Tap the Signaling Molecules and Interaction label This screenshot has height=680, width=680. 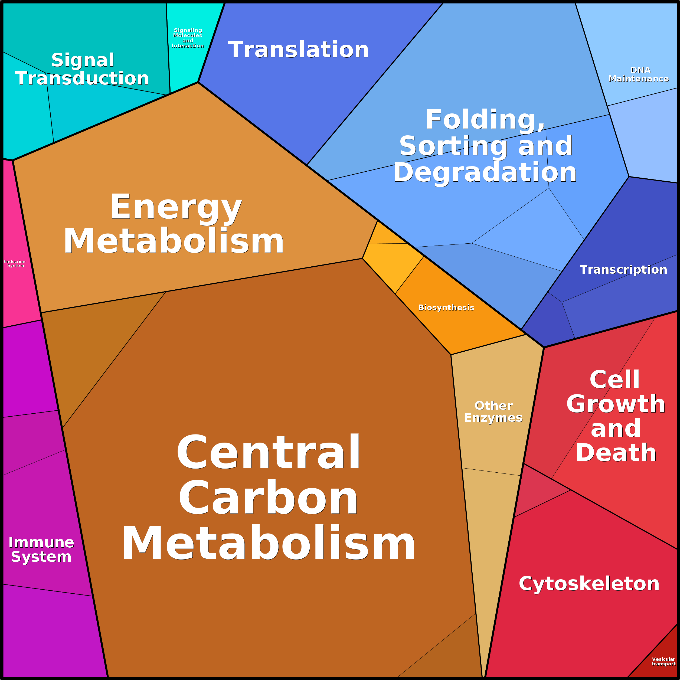point(188,38)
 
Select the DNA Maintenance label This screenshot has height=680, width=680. point(639,74)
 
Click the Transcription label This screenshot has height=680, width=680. point(623,270)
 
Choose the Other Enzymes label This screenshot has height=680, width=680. point(493,412)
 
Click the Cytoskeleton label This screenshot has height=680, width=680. point(589,584)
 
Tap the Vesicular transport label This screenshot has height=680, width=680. point(663,661)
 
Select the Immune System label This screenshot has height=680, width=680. point(41,550)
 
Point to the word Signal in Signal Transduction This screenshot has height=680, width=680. point(83,60)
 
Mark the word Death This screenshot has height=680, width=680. point(616,453)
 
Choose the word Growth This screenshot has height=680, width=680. point(616,404)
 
